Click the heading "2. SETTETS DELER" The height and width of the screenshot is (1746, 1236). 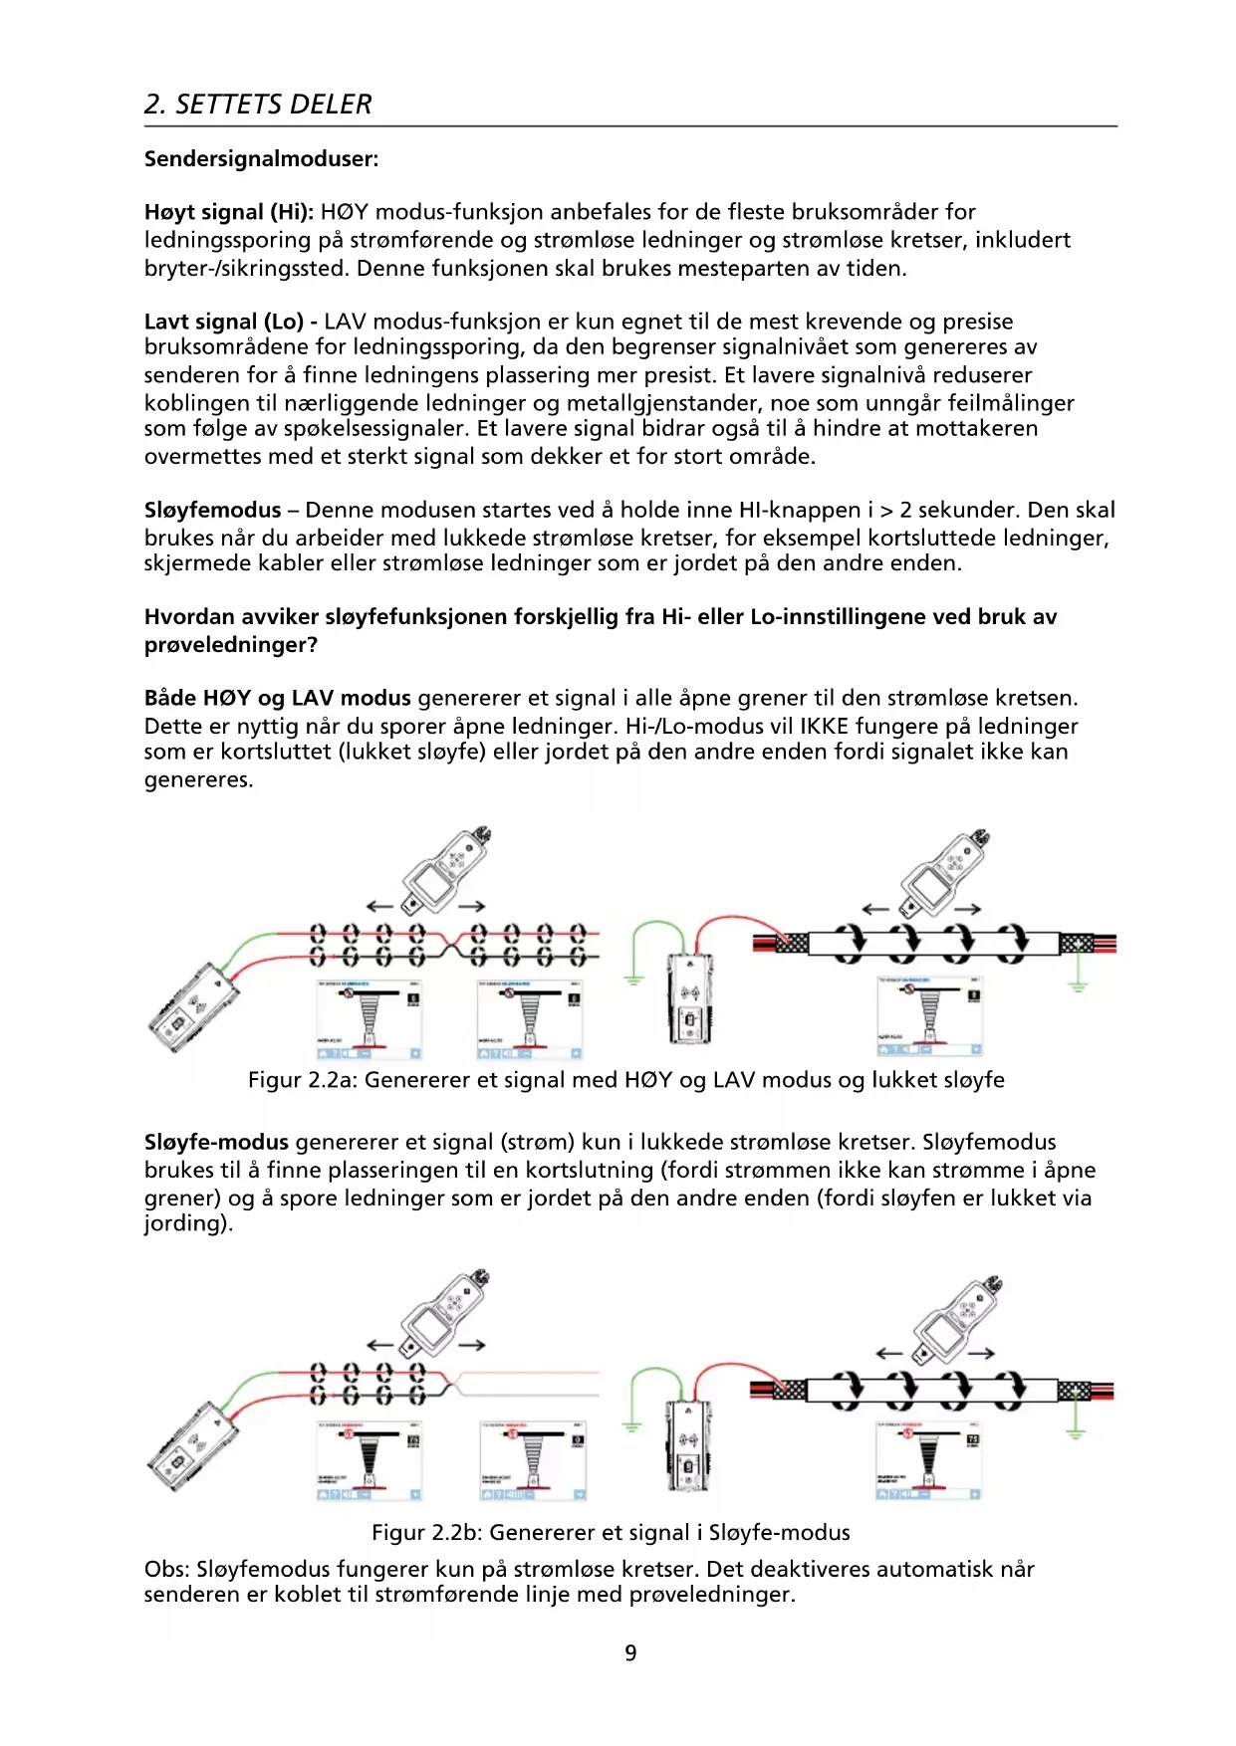click(257, 105)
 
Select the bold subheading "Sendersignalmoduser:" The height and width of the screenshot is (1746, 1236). click(261, 159)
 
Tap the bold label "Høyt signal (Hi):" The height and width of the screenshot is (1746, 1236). click(229, 212)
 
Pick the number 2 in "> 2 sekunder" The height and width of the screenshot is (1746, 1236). click(905, 511)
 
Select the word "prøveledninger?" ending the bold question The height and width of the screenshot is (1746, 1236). click(231, 645)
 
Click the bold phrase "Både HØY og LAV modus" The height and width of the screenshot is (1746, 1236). click(277, 699)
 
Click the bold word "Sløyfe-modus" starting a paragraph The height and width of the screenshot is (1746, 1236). click(216, 1143)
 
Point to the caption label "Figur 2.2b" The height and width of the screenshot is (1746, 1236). click(426, 1533)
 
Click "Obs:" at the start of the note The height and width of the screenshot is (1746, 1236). click(166, 1570)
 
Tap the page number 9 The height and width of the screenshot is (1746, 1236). click(630, 1653)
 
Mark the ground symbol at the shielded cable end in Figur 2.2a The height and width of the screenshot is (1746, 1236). click(1078, 985)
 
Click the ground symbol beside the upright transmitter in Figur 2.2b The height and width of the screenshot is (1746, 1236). click(631, 1425)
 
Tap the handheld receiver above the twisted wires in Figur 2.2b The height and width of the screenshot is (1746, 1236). click(445, 1314)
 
